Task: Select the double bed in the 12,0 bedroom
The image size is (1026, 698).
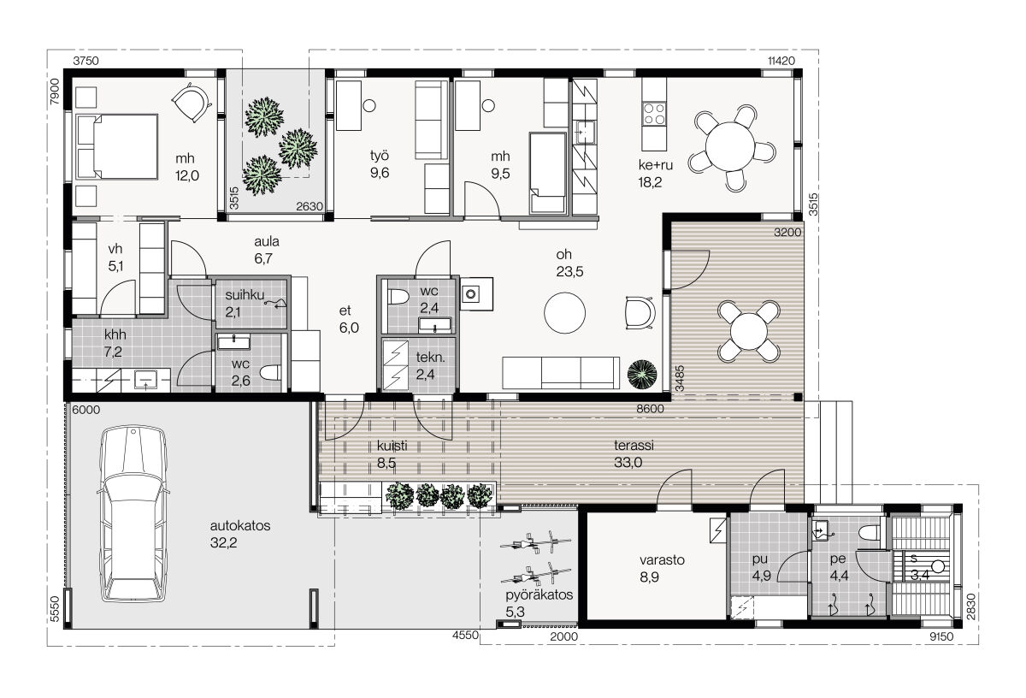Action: (x=117, y=146)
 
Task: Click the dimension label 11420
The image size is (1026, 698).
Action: (x=781, y=61)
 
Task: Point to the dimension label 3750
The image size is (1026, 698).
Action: (x=85, y=61)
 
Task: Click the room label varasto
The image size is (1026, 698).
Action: (x=662, y=559)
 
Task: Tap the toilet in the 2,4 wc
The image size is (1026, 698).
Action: (x=398, y=297)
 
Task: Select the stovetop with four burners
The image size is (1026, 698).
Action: (x=653, y=114)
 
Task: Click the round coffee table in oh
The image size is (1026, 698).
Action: (x=564, y=313)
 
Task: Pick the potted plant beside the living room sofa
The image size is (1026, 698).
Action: (x=642, y=376)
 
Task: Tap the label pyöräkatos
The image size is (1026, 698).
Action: (x=540, y=594)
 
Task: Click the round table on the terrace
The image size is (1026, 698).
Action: (x=748, y=331)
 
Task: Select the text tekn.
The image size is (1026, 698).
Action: (x=430, y=357)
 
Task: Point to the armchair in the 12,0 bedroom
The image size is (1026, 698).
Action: (x=192, y=104)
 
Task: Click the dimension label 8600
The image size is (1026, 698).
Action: (x=650, y=409)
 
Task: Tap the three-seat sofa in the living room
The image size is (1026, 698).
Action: (x=561, y=373)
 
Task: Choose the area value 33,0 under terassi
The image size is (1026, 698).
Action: (x=628, y=463)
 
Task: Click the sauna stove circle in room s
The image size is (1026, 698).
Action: (x=938, y=567)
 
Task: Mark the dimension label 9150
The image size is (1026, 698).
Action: (x=941, y=636)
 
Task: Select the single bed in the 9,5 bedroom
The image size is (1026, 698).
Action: (x=548, y=174)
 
